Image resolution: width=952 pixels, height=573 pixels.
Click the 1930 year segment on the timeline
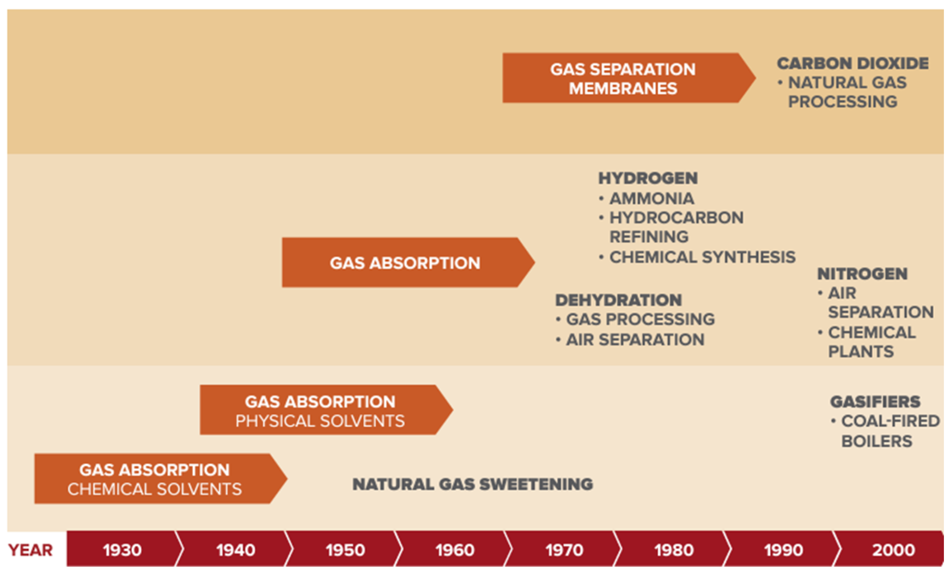122,550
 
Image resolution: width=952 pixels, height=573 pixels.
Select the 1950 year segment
345,550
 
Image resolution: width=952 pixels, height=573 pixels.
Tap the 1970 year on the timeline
564,550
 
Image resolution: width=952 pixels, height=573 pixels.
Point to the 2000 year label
893,550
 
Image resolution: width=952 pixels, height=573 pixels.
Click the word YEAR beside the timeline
30,550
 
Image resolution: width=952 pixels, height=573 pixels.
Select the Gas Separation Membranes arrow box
623,78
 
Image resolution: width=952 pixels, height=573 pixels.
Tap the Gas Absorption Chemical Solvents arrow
154,479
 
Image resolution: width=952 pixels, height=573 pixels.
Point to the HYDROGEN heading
648,178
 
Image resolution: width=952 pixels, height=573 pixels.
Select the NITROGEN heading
862,274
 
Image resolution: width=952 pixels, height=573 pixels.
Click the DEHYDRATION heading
618,300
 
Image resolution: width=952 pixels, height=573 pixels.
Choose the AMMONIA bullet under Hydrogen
651,199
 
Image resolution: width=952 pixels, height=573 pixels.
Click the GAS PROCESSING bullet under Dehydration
640,319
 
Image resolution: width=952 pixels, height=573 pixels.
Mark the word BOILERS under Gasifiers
877,441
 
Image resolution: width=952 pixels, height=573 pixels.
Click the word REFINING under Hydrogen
649,237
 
